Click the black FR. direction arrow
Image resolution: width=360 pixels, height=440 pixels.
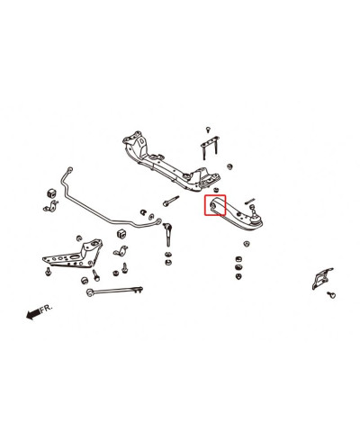tap(33, 314)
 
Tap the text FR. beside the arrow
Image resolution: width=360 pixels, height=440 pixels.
tap(46, 308)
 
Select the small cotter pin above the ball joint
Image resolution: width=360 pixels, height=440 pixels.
tap(249, 201)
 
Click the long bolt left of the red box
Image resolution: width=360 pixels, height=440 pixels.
tap(171, 201)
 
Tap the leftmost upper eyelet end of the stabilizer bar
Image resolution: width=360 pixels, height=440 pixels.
tap(70, 169)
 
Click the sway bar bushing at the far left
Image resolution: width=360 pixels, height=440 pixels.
tap(51, 193)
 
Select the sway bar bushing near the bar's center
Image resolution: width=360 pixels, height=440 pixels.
tap(121, 234)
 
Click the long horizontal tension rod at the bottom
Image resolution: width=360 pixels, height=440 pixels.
tap(114, 291)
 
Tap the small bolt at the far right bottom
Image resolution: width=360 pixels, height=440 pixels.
tap(331, 294)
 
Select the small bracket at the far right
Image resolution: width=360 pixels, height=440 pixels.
tap(321, 278)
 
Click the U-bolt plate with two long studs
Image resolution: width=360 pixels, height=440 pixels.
tap(210, 148)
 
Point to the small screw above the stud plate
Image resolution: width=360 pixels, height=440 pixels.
tap(208, 130)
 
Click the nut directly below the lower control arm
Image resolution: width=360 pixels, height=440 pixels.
tap(247, 243)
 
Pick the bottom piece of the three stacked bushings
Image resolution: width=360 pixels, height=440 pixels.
tap(238, 276)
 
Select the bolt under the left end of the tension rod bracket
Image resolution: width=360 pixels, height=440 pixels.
tap(48, 272)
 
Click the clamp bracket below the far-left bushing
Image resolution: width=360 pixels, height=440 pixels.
tap(51, 206)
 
